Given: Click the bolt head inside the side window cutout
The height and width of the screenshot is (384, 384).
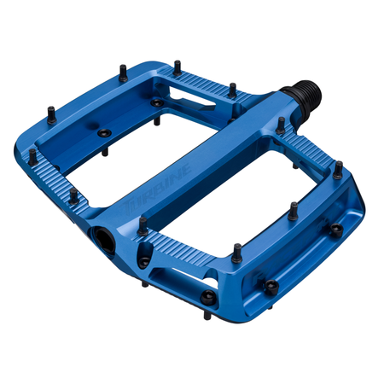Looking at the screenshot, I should pyautogui.click(x=271, y=284).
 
